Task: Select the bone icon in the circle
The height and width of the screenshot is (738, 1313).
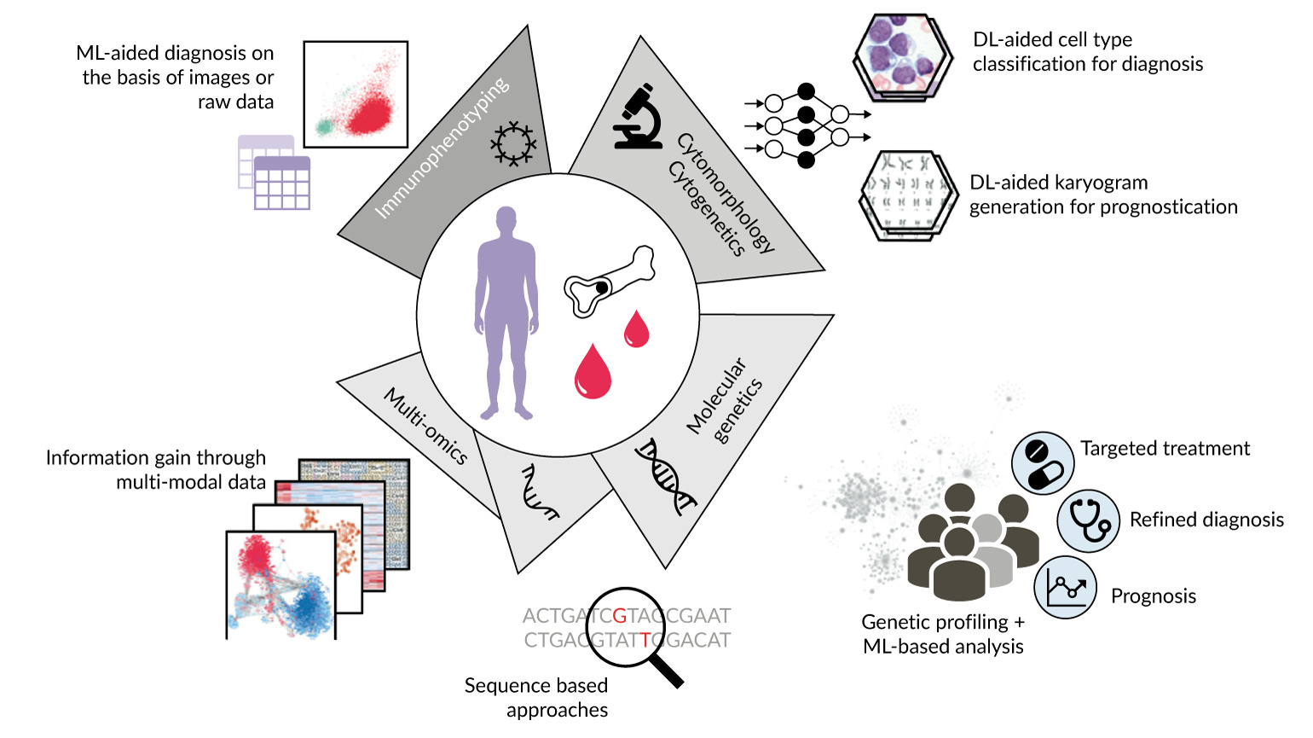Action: pyautogui.click(x=609, y=281)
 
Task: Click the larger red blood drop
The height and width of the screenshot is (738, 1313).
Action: pyautogui.click(x=593, y=373)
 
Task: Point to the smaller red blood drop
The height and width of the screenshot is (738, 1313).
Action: pyautogui.click(x=636, y=329)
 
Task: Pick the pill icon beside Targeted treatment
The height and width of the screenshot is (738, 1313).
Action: pyautogui.click(x=1042, y=462)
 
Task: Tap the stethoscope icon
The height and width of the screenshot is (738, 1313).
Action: pyautogui.click(x=1089, y=520)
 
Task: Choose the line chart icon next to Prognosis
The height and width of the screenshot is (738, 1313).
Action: pyautogui.click(x=1065, y=587)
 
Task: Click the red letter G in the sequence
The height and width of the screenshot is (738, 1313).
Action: pyautogui.click(x=620, y=615)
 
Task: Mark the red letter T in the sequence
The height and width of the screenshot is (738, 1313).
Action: pyautogui.click(x=645, y=640)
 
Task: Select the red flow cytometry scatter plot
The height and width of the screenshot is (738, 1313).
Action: pyautogui.click(x=356, y=94)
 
